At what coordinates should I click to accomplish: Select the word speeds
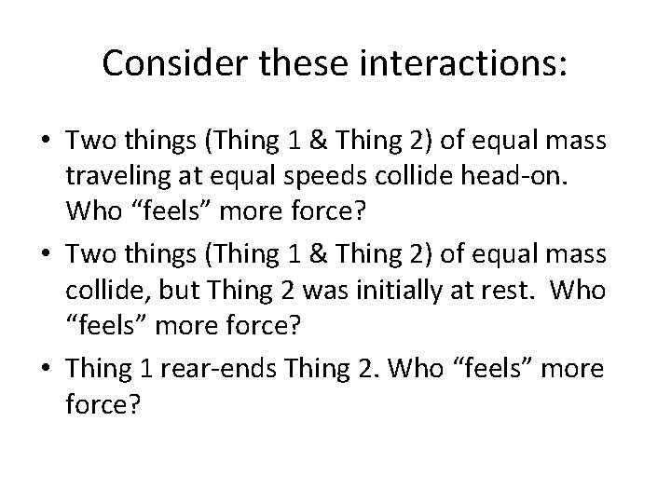pyautogui.click(x=310, y=176)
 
